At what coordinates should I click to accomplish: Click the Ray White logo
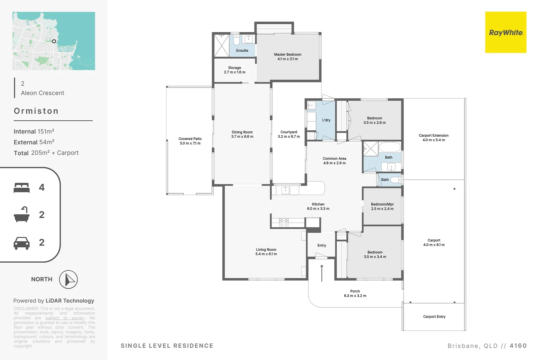coord(505,32)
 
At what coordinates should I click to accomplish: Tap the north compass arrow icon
coord(68,279)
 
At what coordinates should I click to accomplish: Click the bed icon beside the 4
coord(22,188)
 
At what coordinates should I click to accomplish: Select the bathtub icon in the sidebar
coord(22,215)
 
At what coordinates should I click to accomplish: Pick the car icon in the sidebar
coord(22,243)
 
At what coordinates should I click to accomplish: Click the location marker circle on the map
coord(54,41)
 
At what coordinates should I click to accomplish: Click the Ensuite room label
coord(242,51)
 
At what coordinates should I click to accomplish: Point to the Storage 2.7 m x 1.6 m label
coord(235,70)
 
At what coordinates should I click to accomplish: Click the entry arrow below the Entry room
coord(322,273)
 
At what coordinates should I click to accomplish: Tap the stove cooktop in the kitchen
coord(283,223)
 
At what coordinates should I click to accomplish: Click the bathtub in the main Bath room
coord(390,147)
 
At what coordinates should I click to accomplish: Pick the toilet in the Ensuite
coord(236,40)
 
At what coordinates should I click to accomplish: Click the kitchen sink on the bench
coord(285,190)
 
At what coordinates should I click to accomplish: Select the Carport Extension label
coord(434,138)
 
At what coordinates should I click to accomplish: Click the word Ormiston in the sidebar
coord(36,111)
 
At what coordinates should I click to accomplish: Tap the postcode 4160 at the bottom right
coord(518,346)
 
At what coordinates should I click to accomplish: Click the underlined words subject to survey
coord(65,318)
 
